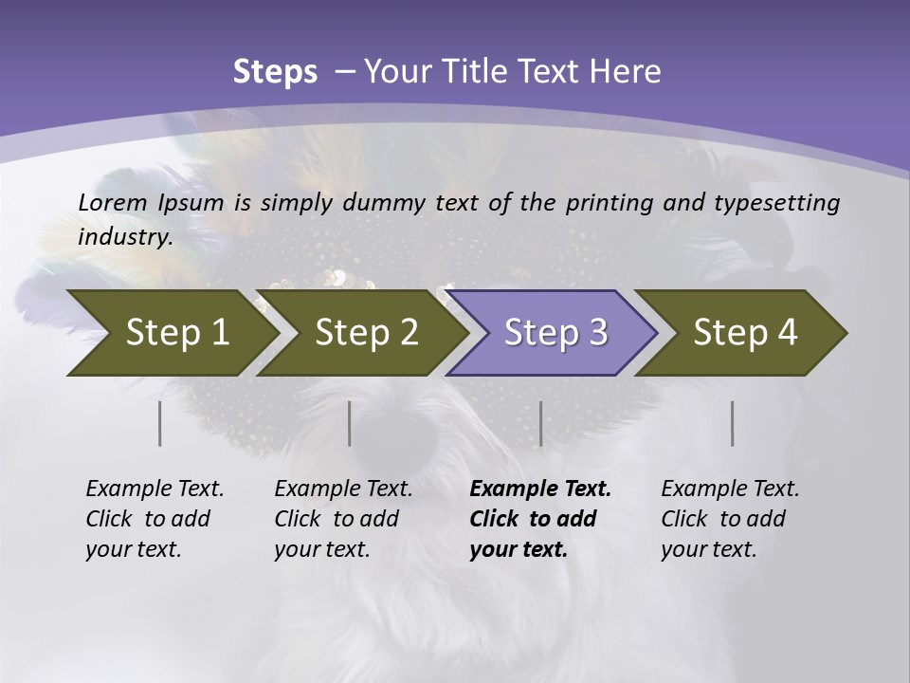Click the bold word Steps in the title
[275, 72]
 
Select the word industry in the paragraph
[124, 237]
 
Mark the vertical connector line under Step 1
[160, 423]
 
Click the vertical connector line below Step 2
[350, 423]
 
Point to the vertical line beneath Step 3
[540, 423]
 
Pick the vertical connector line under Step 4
[732, 423]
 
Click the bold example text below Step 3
[539, 519]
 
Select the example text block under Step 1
[155, 519]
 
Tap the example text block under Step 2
[343, 519]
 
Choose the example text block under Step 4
[730, 519]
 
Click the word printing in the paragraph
[607, 202]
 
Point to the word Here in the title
[629, 72]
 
